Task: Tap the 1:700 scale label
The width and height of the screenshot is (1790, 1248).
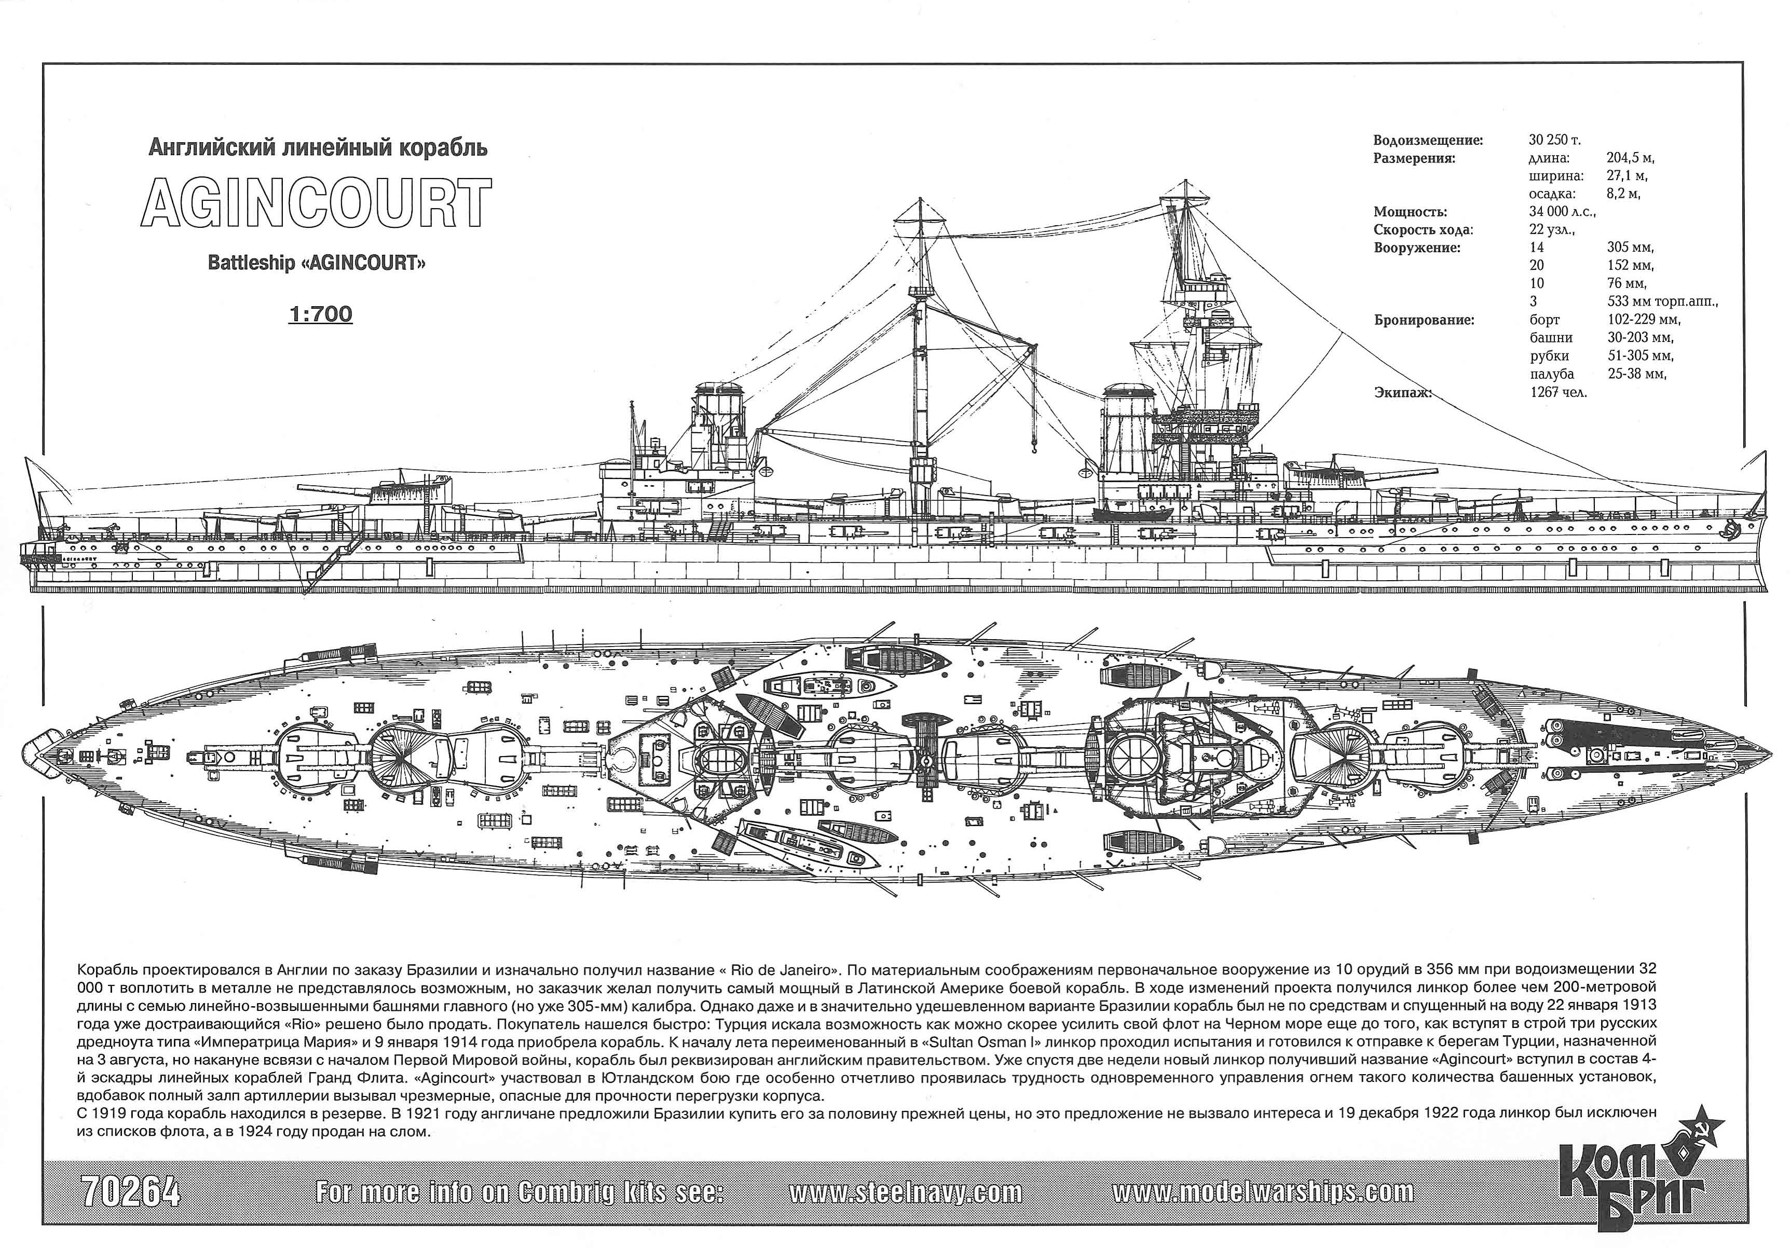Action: (x=320, y=314)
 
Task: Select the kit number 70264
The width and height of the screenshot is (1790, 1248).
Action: (x=130, y=1192)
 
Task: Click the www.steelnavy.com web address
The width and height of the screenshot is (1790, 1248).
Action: (x=905, y=1192)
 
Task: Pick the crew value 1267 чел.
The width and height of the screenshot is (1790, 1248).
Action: (x=1557, y=392)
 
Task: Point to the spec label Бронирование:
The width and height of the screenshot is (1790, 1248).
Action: (x=1424, y=320)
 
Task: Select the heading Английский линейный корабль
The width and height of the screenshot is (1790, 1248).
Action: (x=318, y=147)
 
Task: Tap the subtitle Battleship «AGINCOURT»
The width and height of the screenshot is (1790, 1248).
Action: (x=317, y=263)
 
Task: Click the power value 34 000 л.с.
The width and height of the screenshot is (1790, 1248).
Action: (x=1562, y=212)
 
